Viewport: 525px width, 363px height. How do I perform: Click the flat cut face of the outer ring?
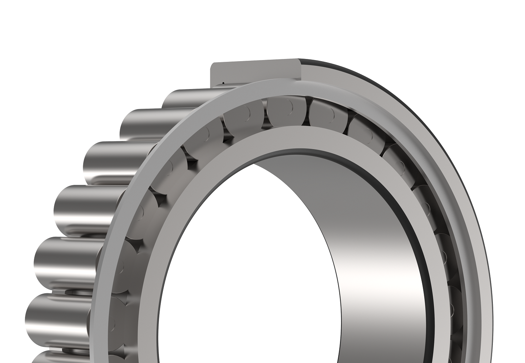255,71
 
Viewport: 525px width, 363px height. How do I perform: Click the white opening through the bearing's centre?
250,268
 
